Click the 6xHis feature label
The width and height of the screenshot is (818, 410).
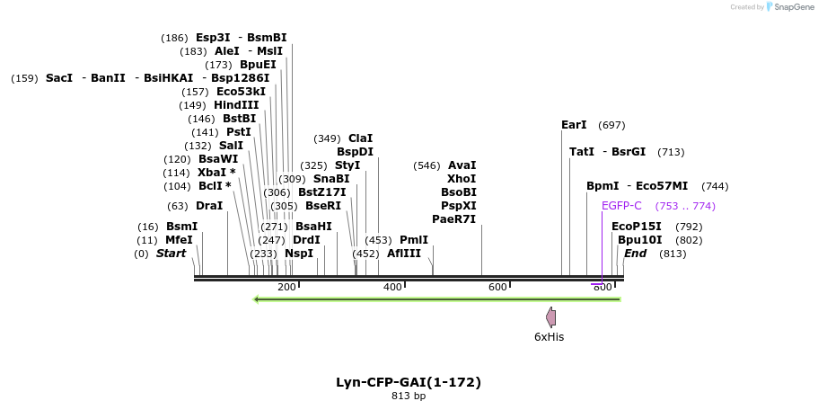click(549, 337)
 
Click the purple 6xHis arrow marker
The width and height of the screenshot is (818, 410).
click(550, 316)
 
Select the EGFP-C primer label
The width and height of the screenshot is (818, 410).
click(621, 206)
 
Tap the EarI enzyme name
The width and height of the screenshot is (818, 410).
click(573, 125)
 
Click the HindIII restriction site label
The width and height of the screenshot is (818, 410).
click(236, 105)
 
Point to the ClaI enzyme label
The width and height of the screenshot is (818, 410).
click(360, 138)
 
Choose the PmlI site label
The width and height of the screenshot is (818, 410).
click(414, 240)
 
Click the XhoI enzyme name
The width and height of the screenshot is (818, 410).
click(462, 179)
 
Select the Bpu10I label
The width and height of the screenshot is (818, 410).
click(639, 240)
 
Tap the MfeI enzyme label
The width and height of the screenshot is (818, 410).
click(179, 240)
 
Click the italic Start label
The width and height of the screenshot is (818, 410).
click(171, 254)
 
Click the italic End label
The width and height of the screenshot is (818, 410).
click(635, 254)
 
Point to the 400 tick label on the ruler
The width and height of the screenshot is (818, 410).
click(392, 287)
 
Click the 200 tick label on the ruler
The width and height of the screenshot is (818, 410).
click(286, 287)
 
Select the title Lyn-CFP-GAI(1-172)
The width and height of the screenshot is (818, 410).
click(409, 382)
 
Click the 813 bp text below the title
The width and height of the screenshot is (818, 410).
click(409, 396)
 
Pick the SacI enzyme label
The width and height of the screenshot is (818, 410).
click(59, 78)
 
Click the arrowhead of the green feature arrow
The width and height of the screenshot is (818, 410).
click(258, 299)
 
